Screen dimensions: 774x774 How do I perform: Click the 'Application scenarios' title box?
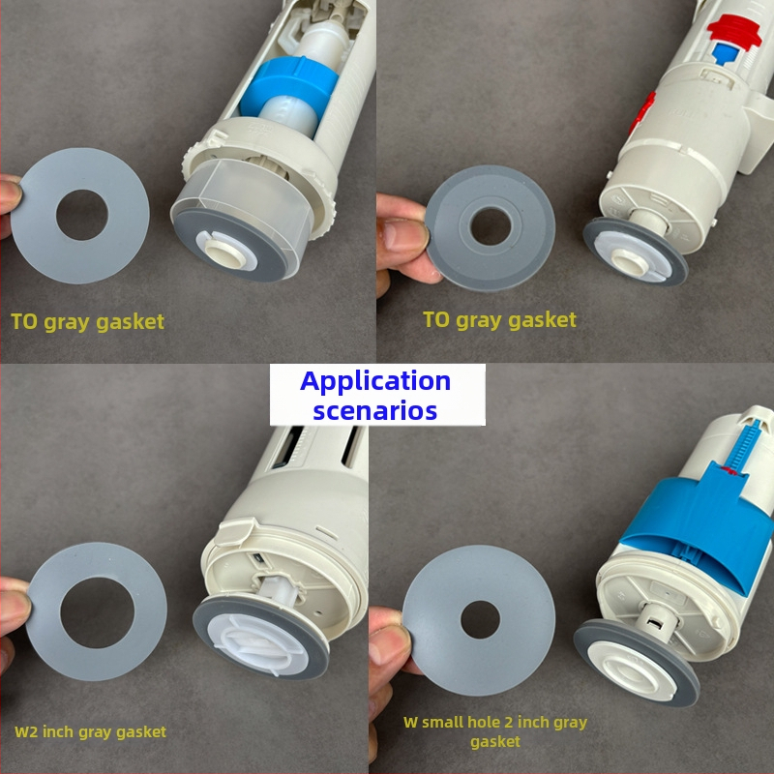click(x=377, y=395)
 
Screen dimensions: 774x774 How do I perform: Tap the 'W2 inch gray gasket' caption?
click(x=90, y=731)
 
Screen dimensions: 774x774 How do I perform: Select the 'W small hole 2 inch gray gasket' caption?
click(x=495, y=731)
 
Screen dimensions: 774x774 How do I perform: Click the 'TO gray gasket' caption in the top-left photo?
click(x=87, y=322)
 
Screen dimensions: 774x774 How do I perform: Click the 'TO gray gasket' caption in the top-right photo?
click(x=499, y=320)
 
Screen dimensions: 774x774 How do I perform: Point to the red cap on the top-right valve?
click(x=735, y=31)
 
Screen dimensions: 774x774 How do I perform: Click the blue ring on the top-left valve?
click(x=288, y=89)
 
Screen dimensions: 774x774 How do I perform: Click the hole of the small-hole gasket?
click(x=480, y=619)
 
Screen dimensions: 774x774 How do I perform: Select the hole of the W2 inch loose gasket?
click(x=98, y=612)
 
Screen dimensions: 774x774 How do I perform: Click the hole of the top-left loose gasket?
click(x=82, y=215)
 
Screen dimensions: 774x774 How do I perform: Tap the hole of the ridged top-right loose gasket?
click(x=491, y=226)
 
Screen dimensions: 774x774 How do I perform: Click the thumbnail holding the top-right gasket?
click(x=404, y=236)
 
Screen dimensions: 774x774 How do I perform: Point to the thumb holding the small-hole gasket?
click(x=390, y=642)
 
